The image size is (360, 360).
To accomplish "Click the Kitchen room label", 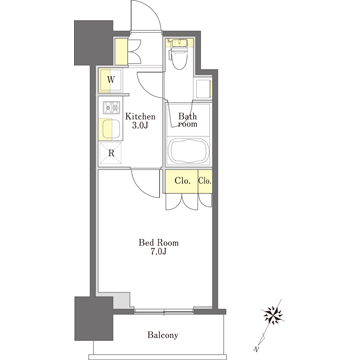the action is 140,117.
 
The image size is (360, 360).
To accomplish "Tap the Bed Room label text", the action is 159,243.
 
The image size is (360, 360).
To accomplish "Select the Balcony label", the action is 163,335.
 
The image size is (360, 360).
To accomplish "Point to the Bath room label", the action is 188,120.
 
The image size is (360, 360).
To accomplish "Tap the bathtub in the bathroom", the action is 188,151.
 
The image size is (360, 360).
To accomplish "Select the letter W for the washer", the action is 111,80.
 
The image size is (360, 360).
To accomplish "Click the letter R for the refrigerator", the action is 111,154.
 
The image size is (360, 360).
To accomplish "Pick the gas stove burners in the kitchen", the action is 111,107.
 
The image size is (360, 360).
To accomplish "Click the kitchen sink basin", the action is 111,129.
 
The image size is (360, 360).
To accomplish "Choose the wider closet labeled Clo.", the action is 182,181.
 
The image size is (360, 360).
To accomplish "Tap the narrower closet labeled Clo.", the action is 205,181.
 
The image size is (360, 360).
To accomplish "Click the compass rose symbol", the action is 273,315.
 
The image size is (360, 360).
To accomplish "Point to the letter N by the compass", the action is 256,349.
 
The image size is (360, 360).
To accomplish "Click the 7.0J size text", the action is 159,251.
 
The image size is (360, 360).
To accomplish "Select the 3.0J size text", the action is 140,125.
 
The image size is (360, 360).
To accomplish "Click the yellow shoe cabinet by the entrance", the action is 121,52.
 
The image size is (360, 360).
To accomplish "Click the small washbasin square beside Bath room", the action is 203,89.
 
